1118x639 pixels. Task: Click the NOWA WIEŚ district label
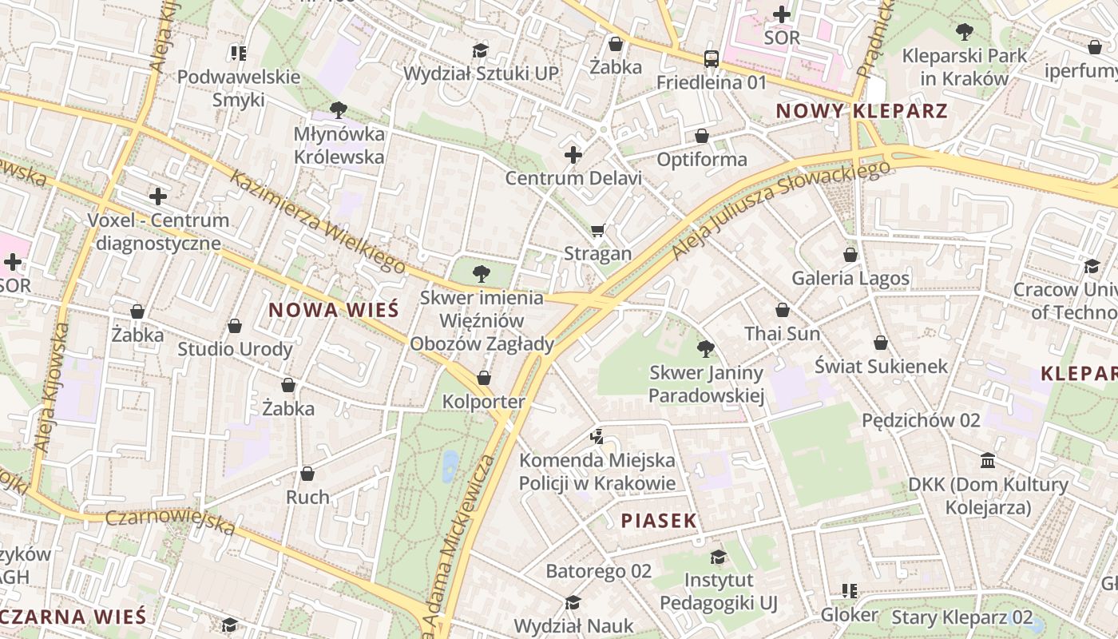point(332,310)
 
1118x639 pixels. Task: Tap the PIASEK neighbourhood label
point(659,521)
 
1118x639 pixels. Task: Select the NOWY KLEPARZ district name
point(862,111)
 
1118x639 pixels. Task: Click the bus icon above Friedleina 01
point(711,58)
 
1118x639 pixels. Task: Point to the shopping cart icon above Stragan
point(597,231)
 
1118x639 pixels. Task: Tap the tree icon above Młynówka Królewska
point(339,109)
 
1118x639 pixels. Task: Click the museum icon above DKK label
point(988,461)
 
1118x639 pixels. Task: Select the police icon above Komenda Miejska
point(597,436)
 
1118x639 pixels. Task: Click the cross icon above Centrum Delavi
point(573,154)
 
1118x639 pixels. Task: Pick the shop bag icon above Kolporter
point(484,378)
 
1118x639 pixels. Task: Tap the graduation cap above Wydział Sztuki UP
point(480,51)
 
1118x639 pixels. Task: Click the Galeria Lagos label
point(850,278)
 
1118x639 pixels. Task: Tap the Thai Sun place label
point(782,333)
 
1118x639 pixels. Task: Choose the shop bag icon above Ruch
point(307,474)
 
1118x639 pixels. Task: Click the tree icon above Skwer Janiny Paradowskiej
point(705,348)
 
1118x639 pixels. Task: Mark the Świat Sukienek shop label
point(881,366)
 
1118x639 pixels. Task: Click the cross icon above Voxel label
point(158,196)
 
